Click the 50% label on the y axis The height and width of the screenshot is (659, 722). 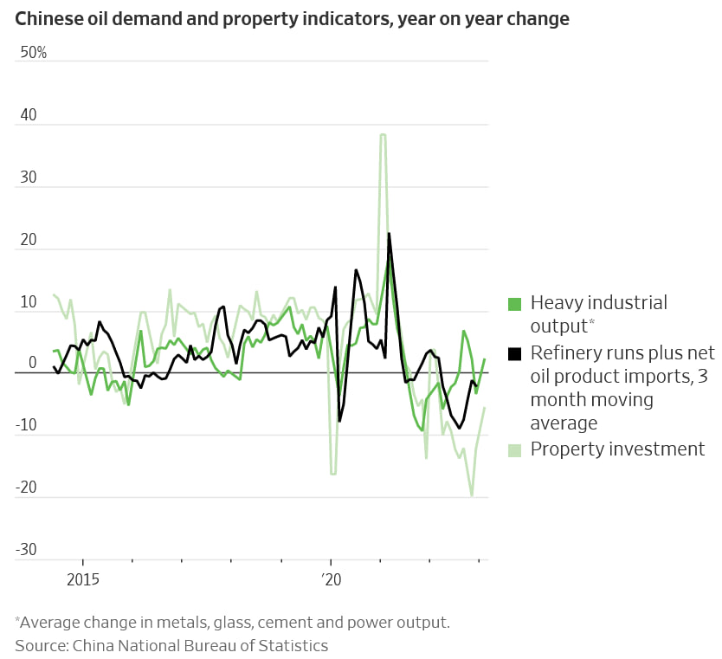click(34, 53)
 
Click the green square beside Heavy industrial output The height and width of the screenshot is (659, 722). click(514, 304)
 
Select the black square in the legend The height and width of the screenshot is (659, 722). click(514, 353)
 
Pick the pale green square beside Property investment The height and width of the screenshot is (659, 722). click(514, 449)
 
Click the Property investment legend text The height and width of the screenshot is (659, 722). click(617, 449)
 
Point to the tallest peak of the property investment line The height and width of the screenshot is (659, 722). click(382, 134)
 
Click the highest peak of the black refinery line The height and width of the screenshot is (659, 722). click(389, 233)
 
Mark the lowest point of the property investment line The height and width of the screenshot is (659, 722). click(472, 495)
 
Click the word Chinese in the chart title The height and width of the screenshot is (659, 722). click(48, 19)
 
